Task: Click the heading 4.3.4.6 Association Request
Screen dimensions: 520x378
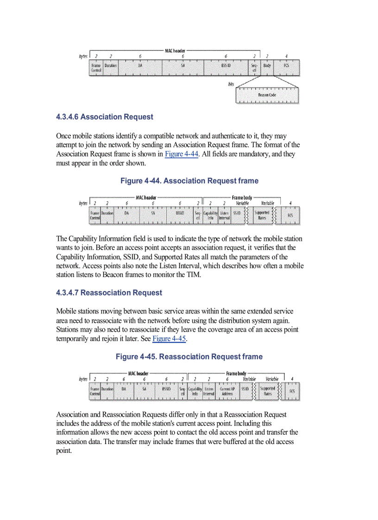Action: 104,117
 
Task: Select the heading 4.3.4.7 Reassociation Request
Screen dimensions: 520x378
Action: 109,293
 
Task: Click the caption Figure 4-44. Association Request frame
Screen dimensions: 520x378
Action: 189,181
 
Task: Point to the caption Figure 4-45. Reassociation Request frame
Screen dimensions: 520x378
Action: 189,357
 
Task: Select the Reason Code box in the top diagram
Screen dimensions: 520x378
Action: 267,95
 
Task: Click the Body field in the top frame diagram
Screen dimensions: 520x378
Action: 267,66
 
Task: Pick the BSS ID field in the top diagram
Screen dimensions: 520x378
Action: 226,66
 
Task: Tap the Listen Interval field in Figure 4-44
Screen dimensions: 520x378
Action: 224,215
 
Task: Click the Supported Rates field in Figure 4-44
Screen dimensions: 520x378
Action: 262,215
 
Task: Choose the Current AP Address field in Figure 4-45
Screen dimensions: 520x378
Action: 227,391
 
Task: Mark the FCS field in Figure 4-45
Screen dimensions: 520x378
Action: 292,391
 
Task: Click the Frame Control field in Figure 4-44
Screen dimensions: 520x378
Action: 95,215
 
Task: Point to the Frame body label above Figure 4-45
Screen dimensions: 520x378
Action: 236,373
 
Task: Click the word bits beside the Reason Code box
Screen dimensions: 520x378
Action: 231,84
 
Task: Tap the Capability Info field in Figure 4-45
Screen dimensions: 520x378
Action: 195,391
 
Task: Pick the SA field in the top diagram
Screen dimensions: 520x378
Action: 183,66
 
